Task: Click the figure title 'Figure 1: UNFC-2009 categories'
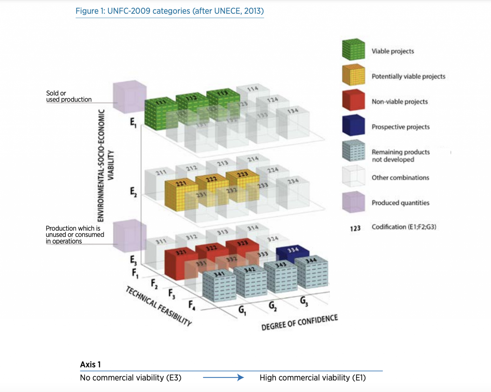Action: tap(169, 11)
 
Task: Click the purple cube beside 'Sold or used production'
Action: tap(129, 97)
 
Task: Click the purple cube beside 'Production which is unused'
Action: tap(129, 236)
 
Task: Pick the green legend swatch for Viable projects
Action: tap(353, 50)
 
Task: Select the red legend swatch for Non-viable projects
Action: tap(353, 100)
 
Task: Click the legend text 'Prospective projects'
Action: tap(401, 127)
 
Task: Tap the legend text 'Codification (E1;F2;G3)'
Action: tap(404, 227)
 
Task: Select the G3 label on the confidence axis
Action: tap(304, 301)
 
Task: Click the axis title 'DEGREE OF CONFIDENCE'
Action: tap(300, 322)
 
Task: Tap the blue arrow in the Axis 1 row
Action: tap(223, 378)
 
